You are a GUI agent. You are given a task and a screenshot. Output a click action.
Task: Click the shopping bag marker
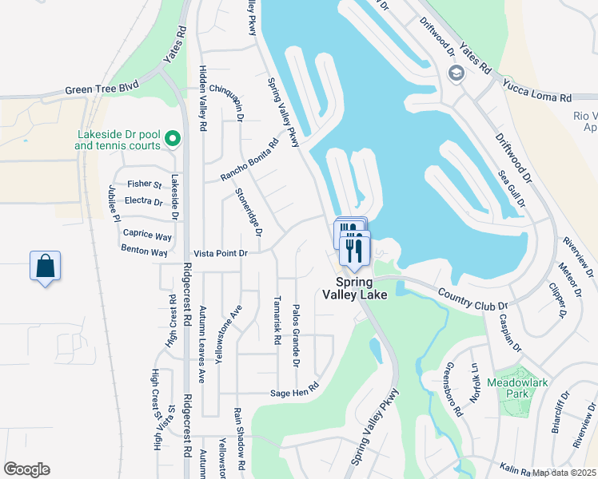[x=46, y=266]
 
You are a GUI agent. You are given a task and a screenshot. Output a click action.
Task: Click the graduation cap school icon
[x=456, y=74]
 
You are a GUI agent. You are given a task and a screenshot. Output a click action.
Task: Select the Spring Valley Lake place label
[x=355, y=289]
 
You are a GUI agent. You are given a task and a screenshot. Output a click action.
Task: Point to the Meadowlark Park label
[x=519, y=388]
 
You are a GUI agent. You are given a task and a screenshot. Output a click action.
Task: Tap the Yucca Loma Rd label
[x=537, y=89]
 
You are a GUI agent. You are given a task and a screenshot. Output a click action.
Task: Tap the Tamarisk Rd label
[x=277, y=320]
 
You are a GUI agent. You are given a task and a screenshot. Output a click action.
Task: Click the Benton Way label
[x=145, y=252]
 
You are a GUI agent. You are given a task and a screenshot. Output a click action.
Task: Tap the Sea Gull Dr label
[x=512, y=189]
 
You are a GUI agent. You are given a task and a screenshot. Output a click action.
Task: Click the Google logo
[x=26, y=469]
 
